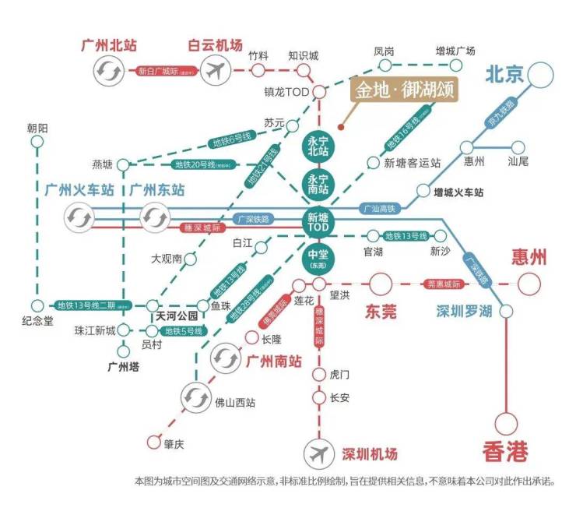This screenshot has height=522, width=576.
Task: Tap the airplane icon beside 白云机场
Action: click(x=215, y=72)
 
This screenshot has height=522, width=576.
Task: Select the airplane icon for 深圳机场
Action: click(x=318, y=453)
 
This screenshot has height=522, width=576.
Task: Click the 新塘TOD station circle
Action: click(x=318, y=221)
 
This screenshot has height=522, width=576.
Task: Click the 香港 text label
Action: click(x=506, y=450)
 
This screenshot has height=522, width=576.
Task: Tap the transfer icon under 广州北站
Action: click(x=107, y=72)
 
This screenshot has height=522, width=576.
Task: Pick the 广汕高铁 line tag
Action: click(x=380, y=209)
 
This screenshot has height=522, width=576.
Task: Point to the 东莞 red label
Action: click(x=381, y=311)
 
